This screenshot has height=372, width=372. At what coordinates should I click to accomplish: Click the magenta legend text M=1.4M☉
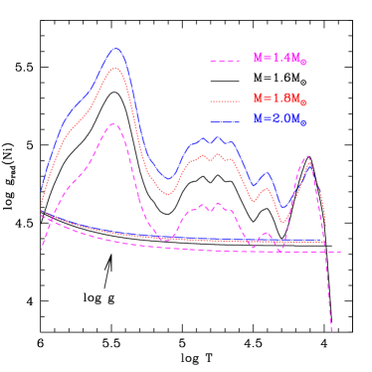tap(279, 59)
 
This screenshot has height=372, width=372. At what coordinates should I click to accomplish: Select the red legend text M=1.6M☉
tap(279, 99)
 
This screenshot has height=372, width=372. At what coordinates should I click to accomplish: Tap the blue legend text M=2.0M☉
tap(279, 118)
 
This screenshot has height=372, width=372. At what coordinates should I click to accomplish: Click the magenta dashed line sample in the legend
tap(225, 62)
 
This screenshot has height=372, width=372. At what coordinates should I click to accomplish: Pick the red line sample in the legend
tap(225, 101)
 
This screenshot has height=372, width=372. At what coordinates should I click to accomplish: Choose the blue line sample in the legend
tap(225, 120)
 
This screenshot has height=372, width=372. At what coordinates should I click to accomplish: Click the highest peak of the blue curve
tap(117, 48)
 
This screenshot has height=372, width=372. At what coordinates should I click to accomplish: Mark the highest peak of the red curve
tap(116, 68)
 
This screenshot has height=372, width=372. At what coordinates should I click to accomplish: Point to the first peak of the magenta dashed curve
tap(113, 124)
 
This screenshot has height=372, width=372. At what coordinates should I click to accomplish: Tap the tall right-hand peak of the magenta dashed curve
tap(308, 156)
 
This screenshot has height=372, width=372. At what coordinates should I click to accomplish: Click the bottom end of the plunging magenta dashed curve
tap(331, 331)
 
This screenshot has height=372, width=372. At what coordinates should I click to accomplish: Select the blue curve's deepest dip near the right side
tap(283, 208)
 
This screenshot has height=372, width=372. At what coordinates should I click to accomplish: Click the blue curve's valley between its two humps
tap(168, 179)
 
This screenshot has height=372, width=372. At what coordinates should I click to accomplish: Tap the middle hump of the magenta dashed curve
tap(205, 205)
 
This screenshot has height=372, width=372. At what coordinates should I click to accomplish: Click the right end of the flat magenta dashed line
tap(341, 251)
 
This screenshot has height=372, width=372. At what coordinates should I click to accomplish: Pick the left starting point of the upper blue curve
tap(42, 188)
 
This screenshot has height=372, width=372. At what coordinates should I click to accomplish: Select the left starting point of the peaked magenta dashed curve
tap(42, 249)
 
